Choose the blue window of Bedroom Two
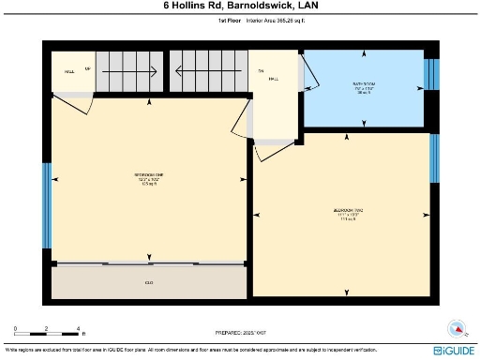pos(433,158)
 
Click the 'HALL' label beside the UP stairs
pos(69,70)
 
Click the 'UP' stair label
pos(89,68)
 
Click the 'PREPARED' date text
pos(239,331)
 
